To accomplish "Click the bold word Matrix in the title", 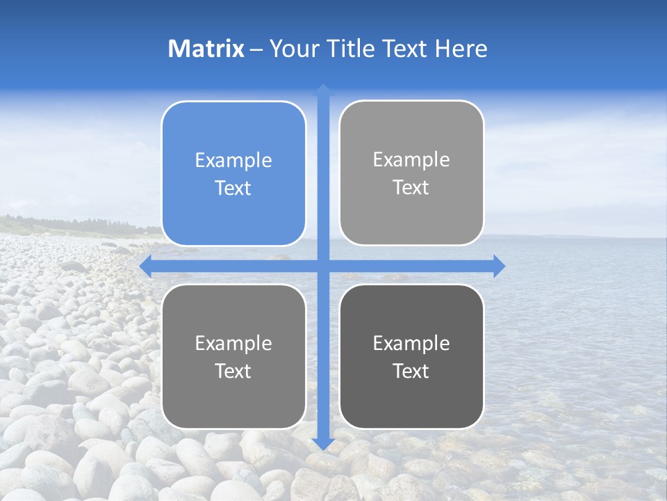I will coord(206,49).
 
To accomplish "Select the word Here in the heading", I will coord(461,49).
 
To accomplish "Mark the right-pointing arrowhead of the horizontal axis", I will coord(498,266).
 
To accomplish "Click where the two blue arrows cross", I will coord(323,266).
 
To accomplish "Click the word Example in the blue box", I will coord(233,161).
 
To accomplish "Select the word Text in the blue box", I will coord(233,188).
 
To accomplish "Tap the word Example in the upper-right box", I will coord(411,160).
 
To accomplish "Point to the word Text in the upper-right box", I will coord(411,187).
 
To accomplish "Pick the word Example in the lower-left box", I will coord(233,344).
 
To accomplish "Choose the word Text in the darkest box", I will coord(411,371).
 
